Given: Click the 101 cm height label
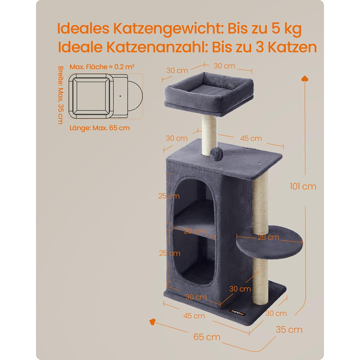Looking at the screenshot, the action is coord(303,186).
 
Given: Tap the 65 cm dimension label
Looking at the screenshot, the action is coord(207,337).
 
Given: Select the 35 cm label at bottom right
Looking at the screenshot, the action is coord(289,330).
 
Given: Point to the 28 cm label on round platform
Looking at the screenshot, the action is coord(268,237).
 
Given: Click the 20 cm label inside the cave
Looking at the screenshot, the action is coord(194,231).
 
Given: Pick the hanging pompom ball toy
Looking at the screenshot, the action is coord(216,152).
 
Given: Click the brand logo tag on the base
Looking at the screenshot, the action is coord(238,313).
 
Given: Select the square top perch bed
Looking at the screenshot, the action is coord(209,93).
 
